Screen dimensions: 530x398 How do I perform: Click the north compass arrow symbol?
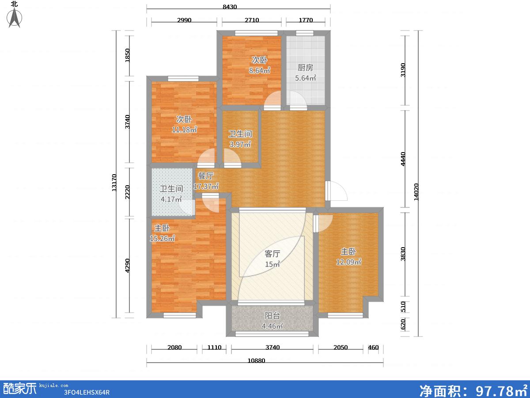(x=14, y=18)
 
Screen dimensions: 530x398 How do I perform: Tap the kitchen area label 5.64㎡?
(x=306, y=78)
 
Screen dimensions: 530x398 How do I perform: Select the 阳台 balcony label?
(x=273, y=316)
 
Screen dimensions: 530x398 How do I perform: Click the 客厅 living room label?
(x=273, y=254)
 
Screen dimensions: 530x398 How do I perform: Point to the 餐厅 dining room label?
(x=205, y=176)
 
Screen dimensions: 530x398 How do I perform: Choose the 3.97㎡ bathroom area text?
(x=240, y=144)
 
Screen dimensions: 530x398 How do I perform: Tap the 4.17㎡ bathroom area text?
(x=171, y=199)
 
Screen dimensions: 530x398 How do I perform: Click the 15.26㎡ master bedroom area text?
(x=162, y=238)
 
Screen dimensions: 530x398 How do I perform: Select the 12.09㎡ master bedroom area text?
(x=348, y=262)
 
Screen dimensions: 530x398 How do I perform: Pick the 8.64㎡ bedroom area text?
(x=260, y=70)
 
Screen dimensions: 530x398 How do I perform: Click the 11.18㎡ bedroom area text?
(x=184, y=130)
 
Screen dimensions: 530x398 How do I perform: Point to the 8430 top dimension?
(x=230, y=7)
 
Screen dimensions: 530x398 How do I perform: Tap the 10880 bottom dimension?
(x=257, y=361)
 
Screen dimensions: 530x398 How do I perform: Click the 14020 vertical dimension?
(x=416, y=192)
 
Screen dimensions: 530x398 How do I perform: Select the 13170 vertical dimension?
(x=114, y=183)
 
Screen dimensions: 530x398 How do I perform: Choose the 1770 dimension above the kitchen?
(x=306, y=20)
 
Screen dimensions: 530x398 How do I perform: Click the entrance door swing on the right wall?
(x=337, y=191)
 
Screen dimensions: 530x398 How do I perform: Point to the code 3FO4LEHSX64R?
(x=87, y=392)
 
